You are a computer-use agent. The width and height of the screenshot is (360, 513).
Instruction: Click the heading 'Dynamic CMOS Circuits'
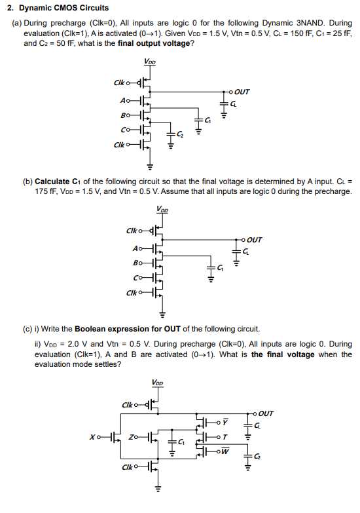[x=63, y=9]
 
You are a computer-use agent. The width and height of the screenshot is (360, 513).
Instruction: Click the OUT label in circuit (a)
[x=242, y=92]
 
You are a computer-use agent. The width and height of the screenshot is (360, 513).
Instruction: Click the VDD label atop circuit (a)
[x=149, y=61]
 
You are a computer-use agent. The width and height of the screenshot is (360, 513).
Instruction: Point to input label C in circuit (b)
[x=135, y=278]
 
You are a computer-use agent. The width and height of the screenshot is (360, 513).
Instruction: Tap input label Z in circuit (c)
[x=134, y=435]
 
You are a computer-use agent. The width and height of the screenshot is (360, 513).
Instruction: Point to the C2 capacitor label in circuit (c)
[x=259, y=455]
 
